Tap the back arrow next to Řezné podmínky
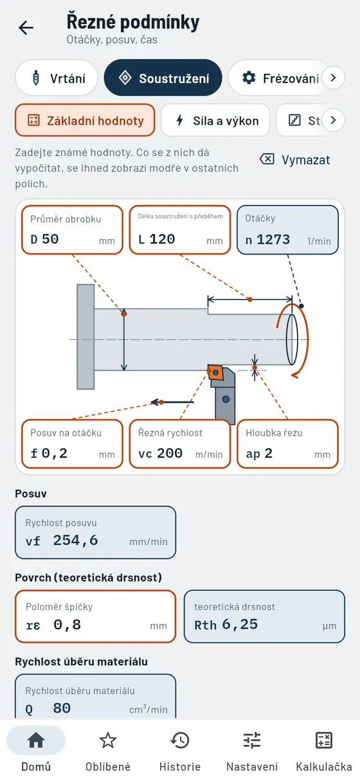pos(26,28)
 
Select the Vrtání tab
pos(57,78)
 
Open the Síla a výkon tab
pos(215,120)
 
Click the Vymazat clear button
pos(294,159)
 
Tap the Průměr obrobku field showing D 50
pos(73,230)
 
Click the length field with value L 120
pos(180,230)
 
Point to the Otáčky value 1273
pos(273,239)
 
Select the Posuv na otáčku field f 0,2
pos(73,443)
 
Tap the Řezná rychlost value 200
pos(170,452)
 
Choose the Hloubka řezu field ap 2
pos(287,443)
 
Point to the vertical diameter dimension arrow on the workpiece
pos(124,339)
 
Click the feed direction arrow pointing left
pos(172,402)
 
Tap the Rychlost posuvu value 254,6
pos(75,540)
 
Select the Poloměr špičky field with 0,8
pos(95,616)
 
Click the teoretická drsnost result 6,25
pos(240,624)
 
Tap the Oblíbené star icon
pos(108,740)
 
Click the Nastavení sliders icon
pos(252,740)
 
